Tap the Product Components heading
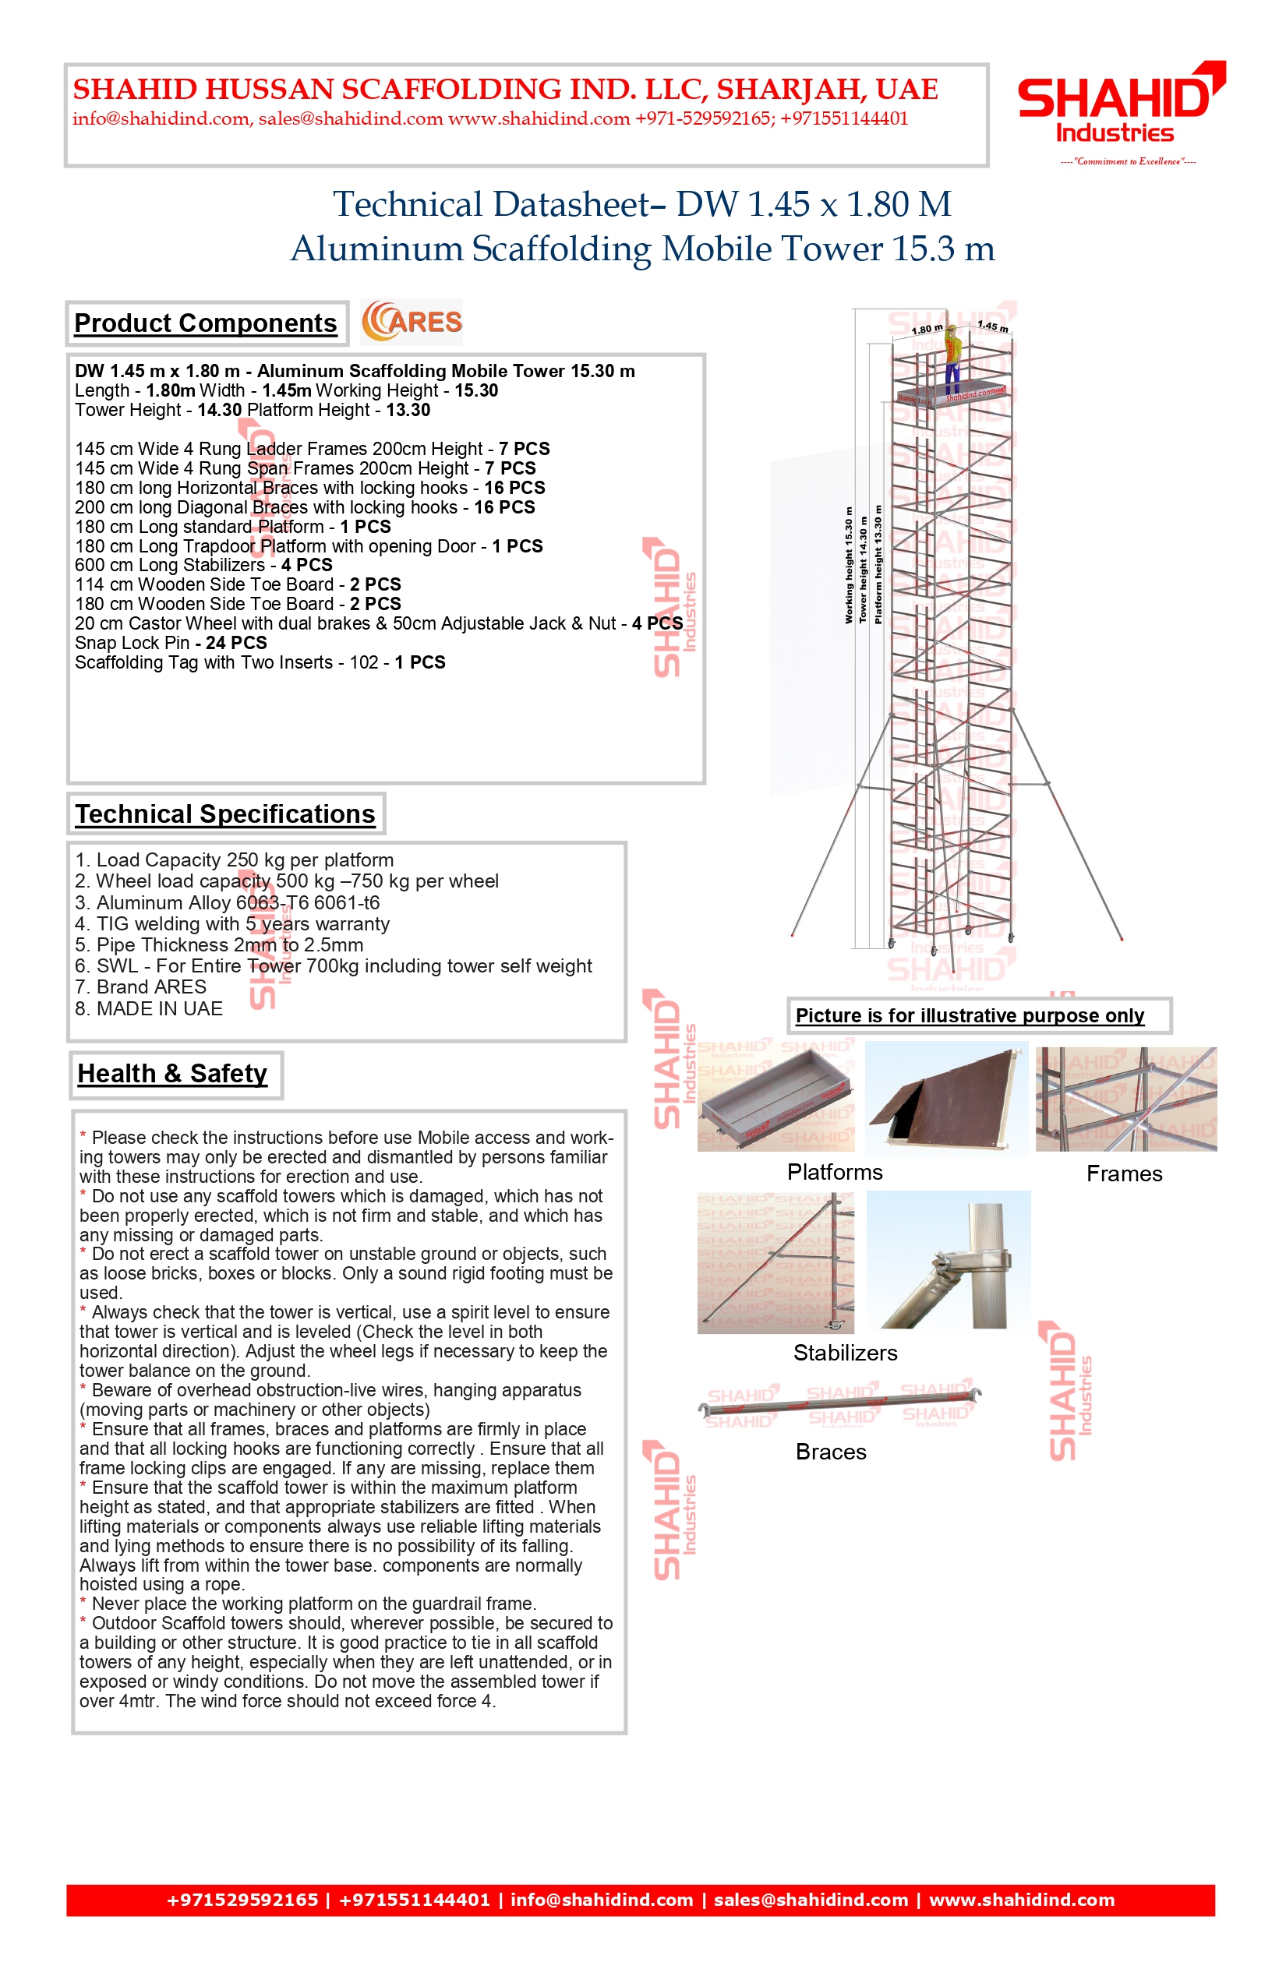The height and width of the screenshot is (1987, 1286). [206, 323]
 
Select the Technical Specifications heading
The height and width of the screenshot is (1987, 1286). [225, 814]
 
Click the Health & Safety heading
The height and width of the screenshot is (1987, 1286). [173, 1074]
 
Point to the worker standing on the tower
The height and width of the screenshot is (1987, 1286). [951, 359]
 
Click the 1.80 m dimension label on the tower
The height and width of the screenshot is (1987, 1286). [926, 329]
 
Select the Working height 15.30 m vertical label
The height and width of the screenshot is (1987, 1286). [850, 565]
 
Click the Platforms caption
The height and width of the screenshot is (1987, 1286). [834, 1172]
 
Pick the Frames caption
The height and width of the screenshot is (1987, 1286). [1124, 1173]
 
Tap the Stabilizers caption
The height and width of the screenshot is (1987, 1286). [845, 1353]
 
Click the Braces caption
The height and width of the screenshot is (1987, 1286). [831, 1452]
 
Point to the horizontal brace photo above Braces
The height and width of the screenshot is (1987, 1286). [839, 1405]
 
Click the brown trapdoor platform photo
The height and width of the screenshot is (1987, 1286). [946, 1100]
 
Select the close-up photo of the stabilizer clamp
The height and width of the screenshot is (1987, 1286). [949, 1259]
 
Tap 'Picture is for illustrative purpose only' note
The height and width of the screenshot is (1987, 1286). [970, 1015]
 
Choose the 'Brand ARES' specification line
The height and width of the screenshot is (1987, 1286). [140, 986]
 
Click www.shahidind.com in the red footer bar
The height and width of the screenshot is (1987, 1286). [1022, 1901]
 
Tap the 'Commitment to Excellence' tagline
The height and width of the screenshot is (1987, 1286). [1127, 161]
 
